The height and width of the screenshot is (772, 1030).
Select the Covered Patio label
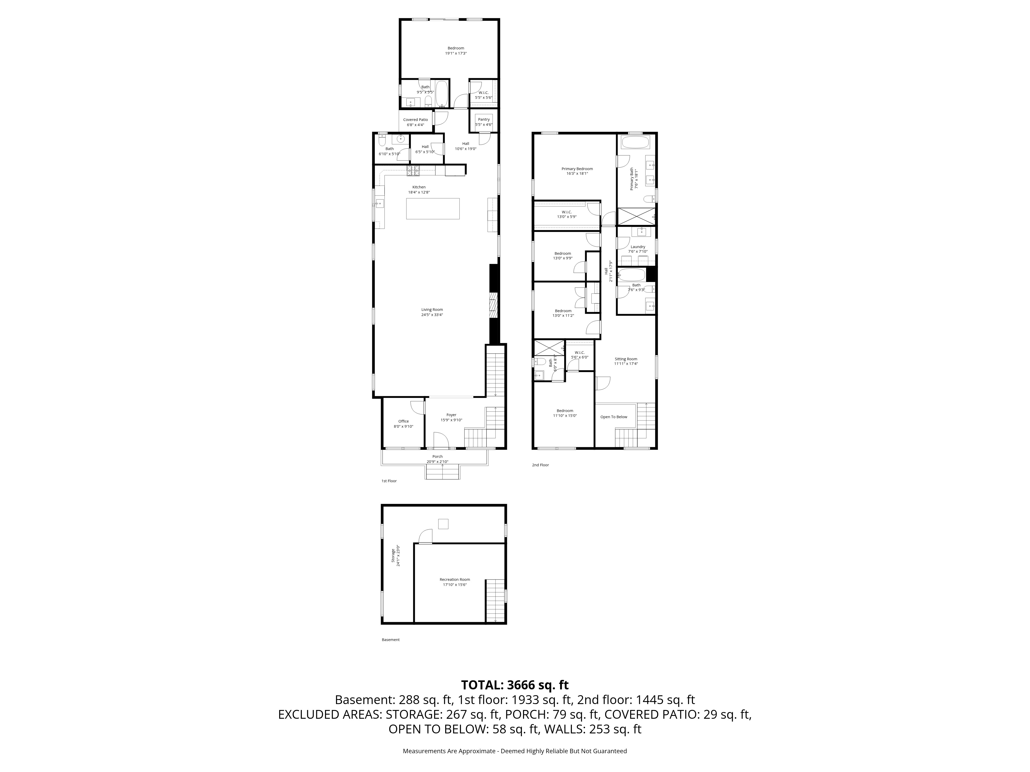415,120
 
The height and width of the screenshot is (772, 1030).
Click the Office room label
403,421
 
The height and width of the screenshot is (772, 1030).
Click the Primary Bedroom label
577,169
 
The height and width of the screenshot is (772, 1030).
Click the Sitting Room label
625,359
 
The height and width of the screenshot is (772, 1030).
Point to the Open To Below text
613,417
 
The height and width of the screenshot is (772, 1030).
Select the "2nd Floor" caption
540,465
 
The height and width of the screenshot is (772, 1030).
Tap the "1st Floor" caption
389,481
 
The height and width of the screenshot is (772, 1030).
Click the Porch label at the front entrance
437,457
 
